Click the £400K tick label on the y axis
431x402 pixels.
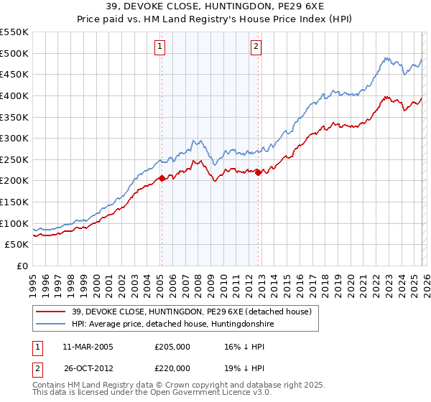click(14, 95)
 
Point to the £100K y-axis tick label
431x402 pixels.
click(14, 223)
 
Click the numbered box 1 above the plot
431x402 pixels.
click(159, 47)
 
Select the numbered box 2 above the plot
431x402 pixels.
click(256, 47)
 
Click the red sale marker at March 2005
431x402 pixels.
click(162, 179)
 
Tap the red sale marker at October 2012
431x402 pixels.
click(259, 172)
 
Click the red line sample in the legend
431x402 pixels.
click(52, 312)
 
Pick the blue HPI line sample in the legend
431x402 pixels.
click(52, 324)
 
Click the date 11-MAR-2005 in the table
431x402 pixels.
click(88, 347)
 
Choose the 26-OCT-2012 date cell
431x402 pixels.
click(88, 368)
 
